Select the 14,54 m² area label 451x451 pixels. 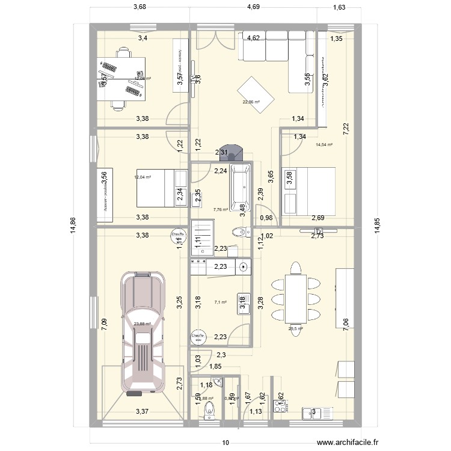pos(324,144)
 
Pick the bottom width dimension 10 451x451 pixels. pos(226,443)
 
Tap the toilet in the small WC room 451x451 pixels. pos(209,410)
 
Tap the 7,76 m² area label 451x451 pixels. pos(221,210)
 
